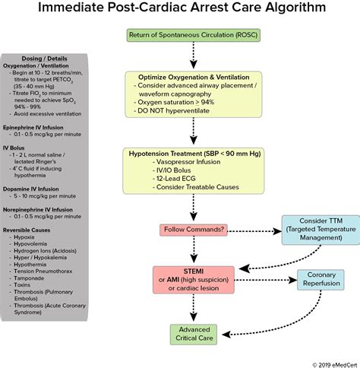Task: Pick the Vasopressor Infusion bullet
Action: (x=192, y=161)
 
